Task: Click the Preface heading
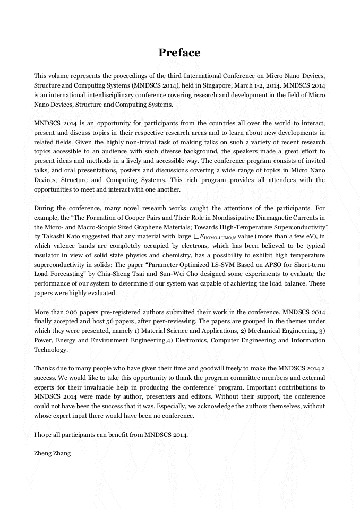179,53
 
